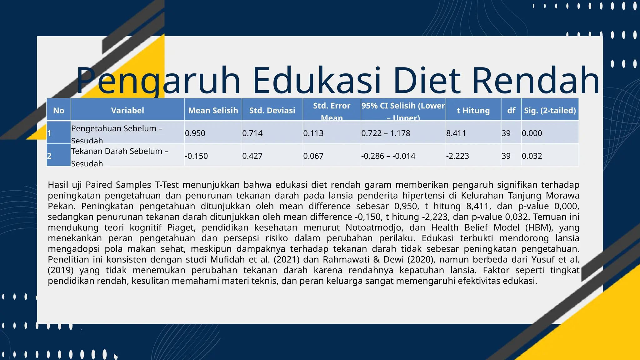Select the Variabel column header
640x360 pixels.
[x=127, y=110]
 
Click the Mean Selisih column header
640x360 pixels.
[x=213, y=110]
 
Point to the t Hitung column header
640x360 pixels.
[x=473, y=110]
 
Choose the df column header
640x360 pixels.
[x=511, y=110]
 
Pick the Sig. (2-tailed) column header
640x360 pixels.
[x=550, y=110]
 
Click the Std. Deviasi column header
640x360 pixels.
[x=272, y=110]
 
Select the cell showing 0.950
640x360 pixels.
[x=195, y=133]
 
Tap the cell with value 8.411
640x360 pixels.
[x=456, y=133]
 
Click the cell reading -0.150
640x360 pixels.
[x=196, y=156]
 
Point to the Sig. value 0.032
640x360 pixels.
[x=532, y=156]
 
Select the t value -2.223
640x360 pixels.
[x=457, y=156]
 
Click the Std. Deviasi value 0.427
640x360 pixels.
[x=252, y=156]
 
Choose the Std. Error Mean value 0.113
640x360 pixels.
[x=313, y=133]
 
